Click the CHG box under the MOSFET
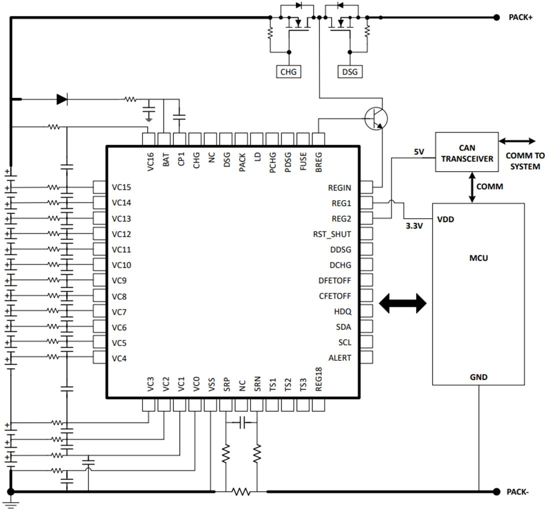pyautogui.click(x=288, y=72)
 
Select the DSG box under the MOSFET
pyautogui.click(x=350, y=72)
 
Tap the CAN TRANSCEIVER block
pyautogui.click(x=466, y=153)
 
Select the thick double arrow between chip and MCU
pyautogui.click(x=403, y=303)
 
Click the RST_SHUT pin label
pyautogui.click(x=332, y=234)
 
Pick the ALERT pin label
pyautogui.click(x=339, y=358)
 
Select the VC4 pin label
pyautogui.click(x=119, y=358)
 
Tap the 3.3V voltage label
pyautogui.click(x=414, y=226)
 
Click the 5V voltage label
pyautogui.click(x=419, y=151)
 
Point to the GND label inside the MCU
pyautogui.click(x=478, y=377)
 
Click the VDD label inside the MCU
pyautogui.click(x=445, y=219)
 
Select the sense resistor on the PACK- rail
pyautogui.click(x=241, y=492)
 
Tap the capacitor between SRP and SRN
pyautogui.click(x=242, y=423)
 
